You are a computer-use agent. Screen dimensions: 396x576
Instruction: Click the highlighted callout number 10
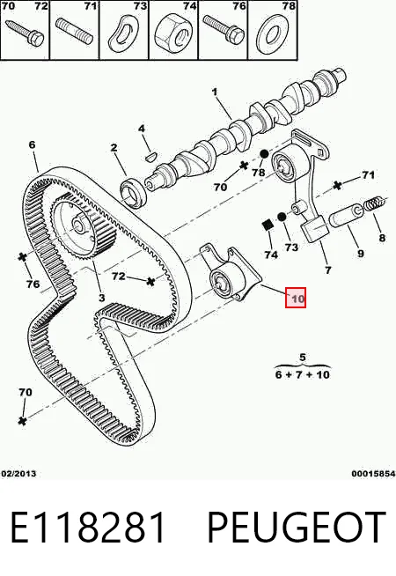(x=296, y=298)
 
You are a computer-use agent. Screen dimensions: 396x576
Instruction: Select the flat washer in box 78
(x=272, y=34)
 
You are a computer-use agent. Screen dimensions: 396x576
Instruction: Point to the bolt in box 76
(x=224, y=28)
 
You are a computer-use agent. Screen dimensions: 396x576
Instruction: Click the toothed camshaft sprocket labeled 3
(x=83, y=226)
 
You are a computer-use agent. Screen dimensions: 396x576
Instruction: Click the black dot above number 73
(x=282, y=218)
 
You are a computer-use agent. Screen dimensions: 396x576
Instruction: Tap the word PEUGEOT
(x=297, y=528)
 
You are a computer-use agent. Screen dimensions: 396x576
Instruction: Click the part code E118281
(x=88, y=528)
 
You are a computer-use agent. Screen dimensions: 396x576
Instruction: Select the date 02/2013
(x=18, y=474)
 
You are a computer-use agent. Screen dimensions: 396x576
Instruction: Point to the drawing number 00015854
(x=373, y=474)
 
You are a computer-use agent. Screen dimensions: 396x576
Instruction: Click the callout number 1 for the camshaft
(x=215, y=92)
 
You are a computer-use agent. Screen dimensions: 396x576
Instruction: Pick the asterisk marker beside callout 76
(x=23, y=257)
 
